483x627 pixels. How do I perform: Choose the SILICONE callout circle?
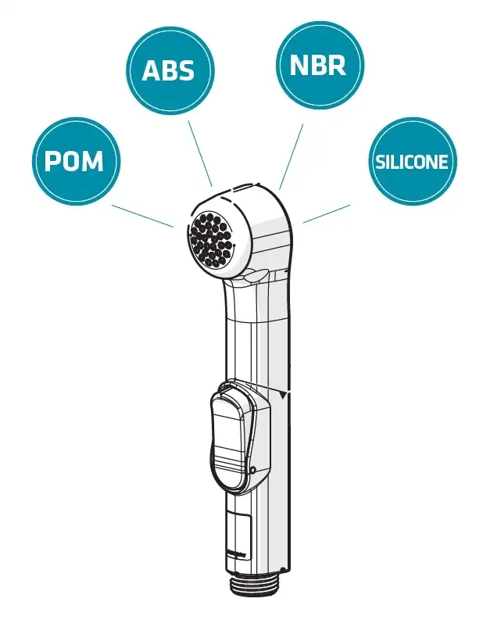coord(411,161)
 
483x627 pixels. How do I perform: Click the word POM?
coord(74,162)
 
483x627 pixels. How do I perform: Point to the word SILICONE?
coord(411,162)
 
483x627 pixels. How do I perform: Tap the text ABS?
coord(168,70)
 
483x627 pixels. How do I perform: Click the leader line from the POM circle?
coord(142,216)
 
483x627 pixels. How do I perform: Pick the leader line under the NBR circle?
coord(291,150)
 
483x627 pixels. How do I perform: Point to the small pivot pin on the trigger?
coord(255,469)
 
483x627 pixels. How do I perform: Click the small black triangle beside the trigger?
coord(283,396)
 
